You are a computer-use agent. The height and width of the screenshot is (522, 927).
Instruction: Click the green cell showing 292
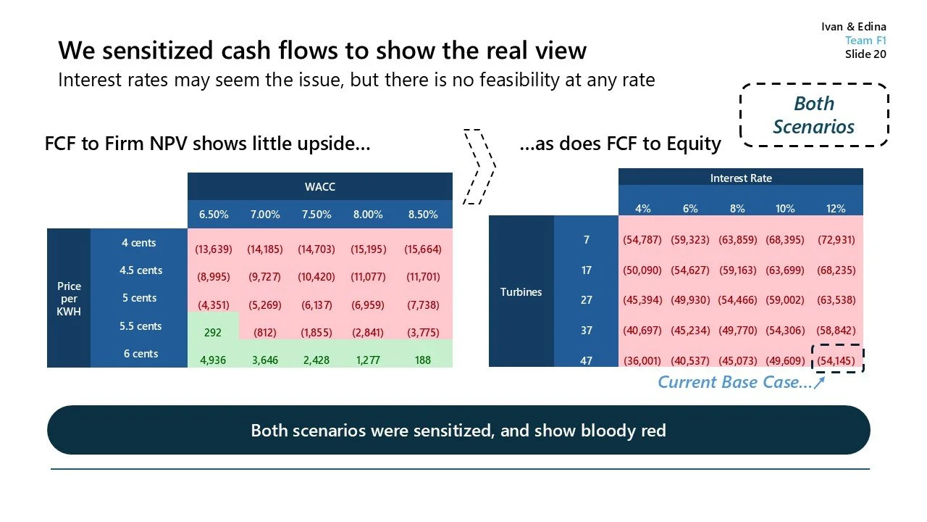(213, 333)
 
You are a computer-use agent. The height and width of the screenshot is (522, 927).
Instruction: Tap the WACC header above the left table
(319, 187)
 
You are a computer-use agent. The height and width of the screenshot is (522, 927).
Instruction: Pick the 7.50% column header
(316, 215)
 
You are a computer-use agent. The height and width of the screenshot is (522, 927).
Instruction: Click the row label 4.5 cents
(140, 270)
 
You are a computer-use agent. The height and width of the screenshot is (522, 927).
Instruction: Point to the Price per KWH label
(70, 299)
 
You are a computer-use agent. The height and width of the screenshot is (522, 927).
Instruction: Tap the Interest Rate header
(740, 178)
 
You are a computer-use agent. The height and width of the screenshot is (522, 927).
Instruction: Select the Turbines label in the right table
(521, 292)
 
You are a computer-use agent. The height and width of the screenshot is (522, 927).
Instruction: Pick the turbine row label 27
(586, 299)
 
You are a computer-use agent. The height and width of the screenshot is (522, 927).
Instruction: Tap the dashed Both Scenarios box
(813, 115)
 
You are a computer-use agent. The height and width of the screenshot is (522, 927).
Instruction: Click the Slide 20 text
(865, 54)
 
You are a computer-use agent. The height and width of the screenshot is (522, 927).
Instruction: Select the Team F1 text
(865, 41)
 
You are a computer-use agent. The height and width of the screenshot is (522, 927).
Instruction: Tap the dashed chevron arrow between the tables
(479, 166)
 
